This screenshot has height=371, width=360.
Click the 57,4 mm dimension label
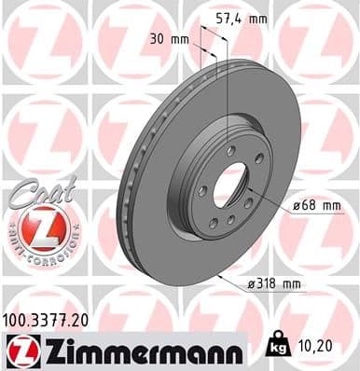[241, 17]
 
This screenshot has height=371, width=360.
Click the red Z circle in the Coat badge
[39, 227]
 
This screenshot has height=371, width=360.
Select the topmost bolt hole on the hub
[229, 149]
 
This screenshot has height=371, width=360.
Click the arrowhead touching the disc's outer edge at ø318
[217, 276]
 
